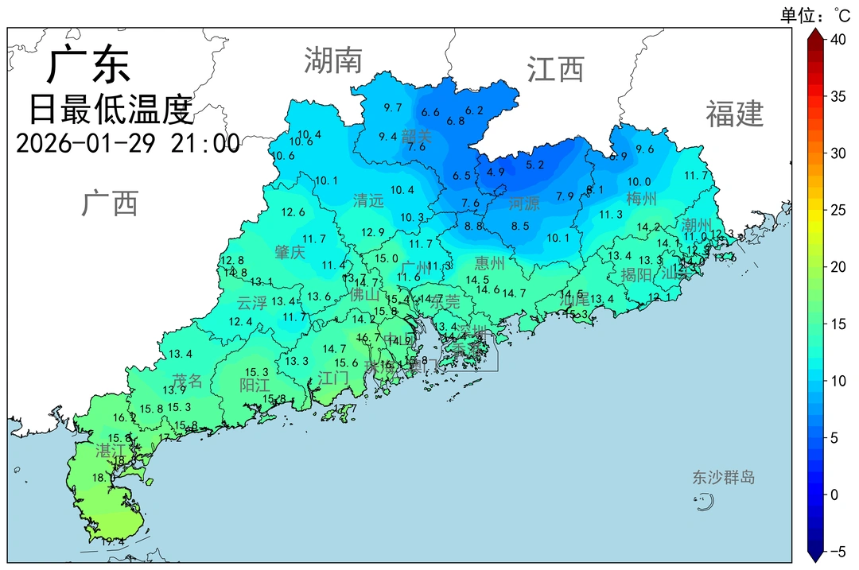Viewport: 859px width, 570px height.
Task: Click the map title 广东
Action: [88, 66]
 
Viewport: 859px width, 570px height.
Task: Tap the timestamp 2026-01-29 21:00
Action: [127, 143]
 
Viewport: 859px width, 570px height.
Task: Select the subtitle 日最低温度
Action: [111, 109]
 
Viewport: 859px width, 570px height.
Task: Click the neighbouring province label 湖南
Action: [333, 61]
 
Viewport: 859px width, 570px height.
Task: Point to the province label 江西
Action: [555, 70]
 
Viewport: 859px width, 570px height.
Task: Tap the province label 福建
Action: [734, 114]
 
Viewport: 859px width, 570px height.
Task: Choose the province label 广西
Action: [110, 204]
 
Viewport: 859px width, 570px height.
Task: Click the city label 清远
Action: [368, 201]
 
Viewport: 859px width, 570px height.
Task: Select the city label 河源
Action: [524, 204]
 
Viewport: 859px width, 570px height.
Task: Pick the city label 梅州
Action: [641, 198]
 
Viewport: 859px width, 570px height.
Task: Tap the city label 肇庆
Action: [290, 253]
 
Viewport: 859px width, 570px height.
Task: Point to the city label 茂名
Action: [188, 381]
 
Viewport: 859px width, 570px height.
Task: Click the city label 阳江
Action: [255, 386]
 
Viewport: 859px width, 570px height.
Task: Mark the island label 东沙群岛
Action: [723, 478]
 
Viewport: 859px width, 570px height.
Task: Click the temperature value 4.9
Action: [496, 172]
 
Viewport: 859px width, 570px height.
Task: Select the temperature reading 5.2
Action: [535, 165]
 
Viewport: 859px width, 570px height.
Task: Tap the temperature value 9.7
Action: [392, 108]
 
